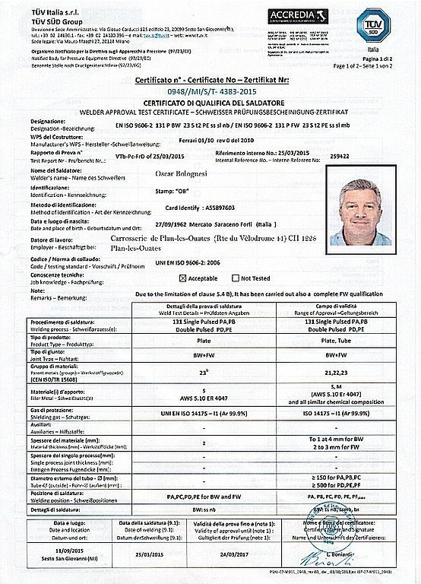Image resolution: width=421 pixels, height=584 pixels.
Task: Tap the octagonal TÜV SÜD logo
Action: (372, 25)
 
